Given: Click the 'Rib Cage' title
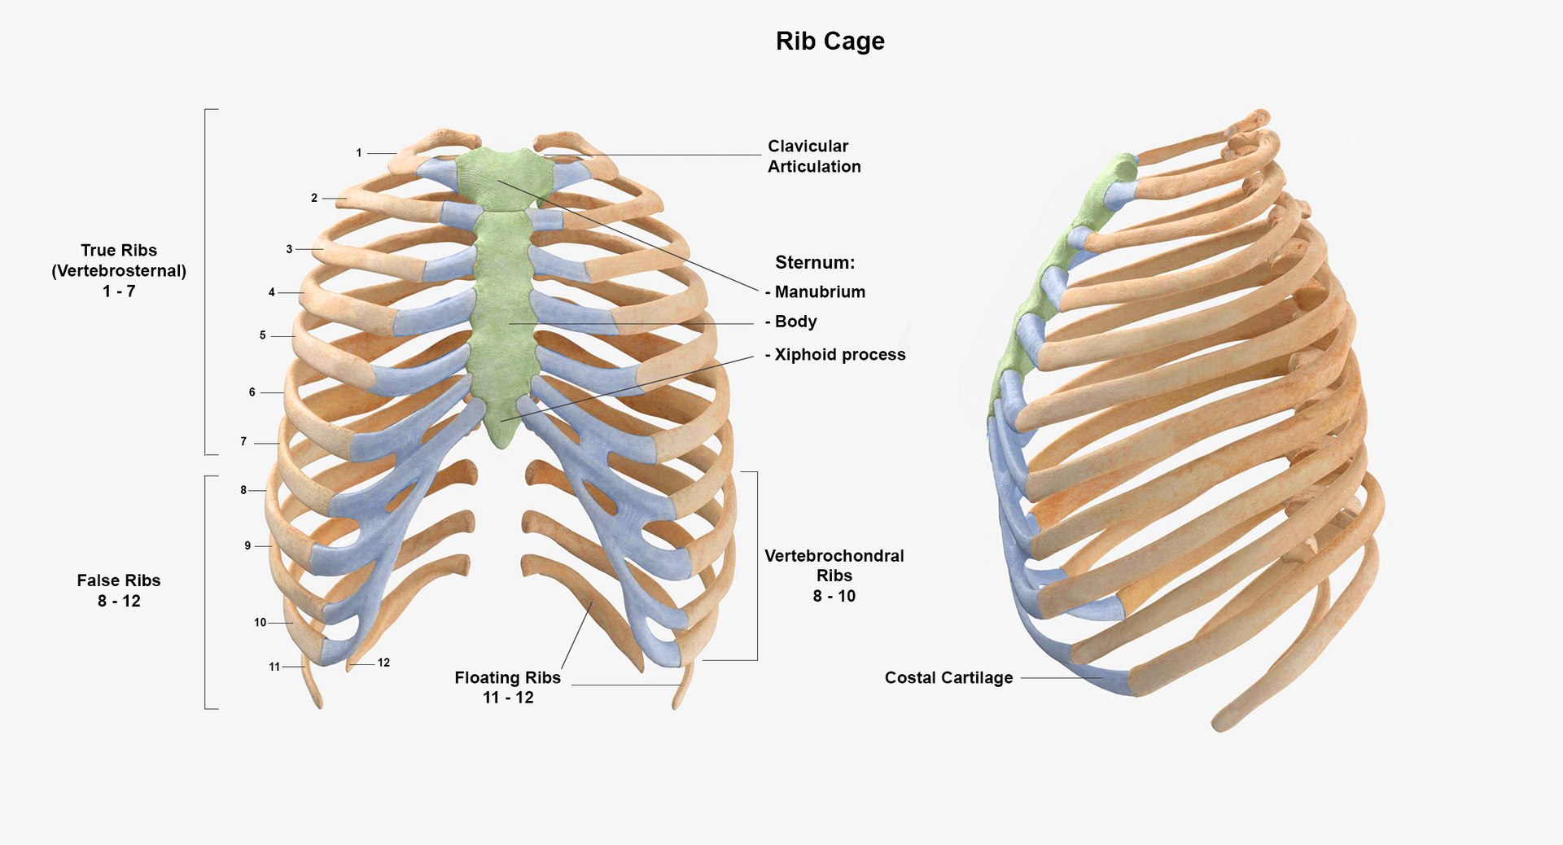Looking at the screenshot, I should click(x=830, y=42).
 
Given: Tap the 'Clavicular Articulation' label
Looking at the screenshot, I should click(x=813, y=156).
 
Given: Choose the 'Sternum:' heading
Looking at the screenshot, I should click(x=815, y=263).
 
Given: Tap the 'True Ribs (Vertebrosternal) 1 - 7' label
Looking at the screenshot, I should click(x=119, y=270).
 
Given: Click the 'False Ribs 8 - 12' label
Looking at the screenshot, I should click(x=119, y=591).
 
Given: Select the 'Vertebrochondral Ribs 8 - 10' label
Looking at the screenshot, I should click(x=834, y=576).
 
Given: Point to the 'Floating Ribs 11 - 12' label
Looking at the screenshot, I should click(x=508, y=687).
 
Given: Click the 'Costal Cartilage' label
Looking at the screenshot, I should click(x=948, y=678).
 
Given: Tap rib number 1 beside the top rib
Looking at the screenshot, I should click(x=359, y=153).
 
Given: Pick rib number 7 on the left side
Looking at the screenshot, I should click(x=243, y=442).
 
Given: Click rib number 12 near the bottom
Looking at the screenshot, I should click(x=383, y=663).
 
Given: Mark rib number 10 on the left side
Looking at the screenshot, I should click(x=260, y=623).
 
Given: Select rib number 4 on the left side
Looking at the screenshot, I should click(x=272, y=292).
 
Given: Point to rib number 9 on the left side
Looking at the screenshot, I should click(x=247, y=546).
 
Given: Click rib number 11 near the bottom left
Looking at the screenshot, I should click(x=274, y=667).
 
